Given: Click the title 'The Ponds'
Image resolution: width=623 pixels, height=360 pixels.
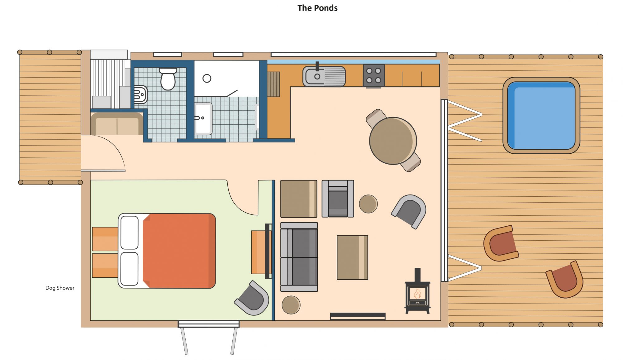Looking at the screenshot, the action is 317,8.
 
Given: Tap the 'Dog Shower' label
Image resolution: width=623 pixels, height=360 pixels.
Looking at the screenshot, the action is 60,288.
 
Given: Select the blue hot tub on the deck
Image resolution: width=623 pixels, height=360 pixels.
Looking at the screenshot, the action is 541,115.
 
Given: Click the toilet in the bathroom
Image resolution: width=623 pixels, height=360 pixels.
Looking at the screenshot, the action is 168,79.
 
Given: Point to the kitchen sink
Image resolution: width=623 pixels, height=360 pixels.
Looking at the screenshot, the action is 324,76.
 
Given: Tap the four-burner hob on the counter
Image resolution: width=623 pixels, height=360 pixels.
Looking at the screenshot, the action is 374,75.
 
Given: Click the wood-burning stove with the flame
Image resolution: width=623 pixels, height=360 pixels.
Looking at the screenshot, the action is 417,292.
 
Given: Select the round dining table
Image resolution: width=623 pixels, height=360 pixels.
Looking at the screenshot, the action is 393,141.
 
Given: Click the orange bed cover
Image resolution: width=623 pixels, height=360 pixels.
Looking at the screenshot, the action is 179,251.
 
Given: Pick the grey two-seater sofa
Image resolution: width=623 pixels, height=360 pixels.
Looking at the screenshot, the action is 299,257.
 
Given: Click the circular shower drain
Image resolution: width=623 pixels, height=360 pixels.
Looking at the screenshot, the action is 207,78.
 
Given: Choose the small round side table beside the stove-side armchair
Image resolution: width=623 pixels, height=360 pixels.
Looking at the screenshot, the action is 368,204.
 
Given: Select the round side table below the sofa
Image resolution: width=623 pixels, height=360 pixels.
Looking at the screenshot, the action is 291,305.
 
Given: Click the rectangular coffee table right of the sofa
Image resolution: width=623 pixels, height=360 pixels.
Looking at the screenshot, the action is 352,257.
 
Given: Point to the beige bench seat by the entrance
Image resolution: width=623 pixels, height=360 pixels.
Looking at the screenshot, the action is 117,124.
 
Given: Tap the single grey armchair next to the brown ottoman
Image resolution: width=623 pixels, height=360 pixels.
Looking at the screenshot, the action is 338,199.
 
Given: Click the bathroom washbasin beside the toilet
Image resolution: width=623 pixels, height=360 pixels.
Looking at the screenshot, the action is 140,94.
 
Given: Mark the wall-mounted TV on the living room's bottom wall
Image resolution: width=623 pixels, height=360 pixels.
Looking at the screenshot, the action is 358,316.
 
